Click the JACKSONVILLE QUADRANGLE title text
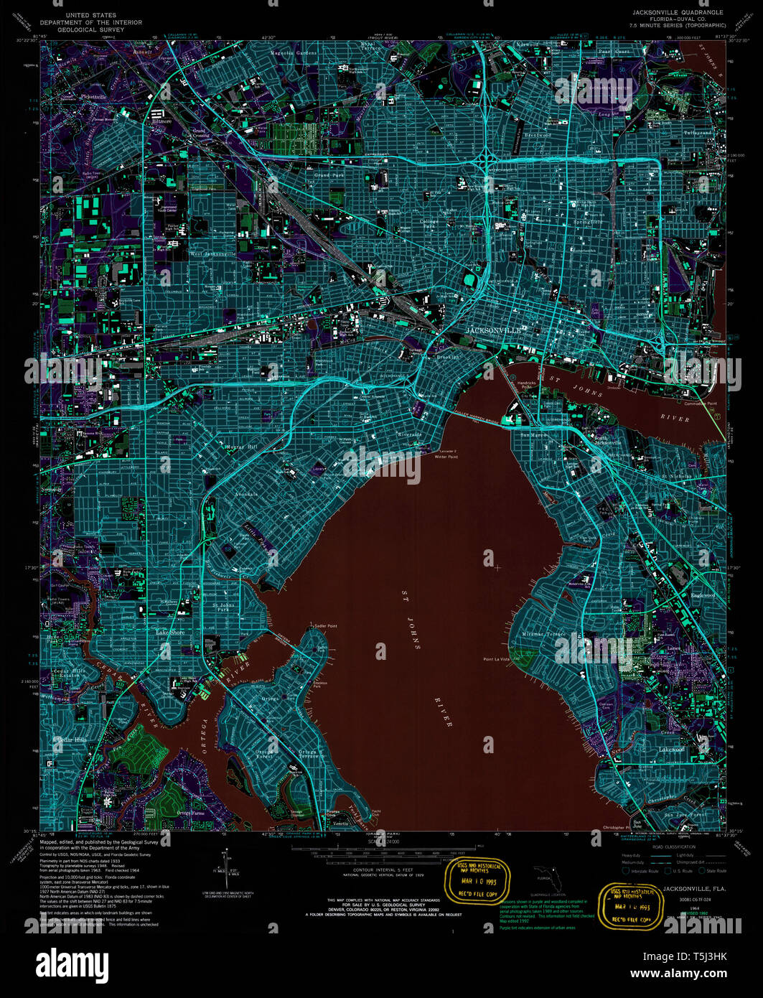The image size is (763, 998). (x=678, y=13)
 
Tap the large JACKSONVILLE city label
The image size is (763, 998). (x=494, y=330)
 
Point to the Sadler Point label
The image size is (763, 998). (x=325, y=626)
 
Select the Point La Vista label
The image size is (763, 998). (x=496, y=658)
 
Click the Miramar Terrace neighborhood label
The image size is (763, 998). (x=544, y=634)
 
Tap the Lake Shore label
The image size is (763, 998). (x=170, y=633)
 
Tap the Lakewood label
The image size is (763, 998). (x=672, y=750)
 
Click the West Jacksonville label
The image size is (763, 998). (x=213, y=254)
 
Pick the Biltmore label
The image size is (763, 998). (x=162, y=121)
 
